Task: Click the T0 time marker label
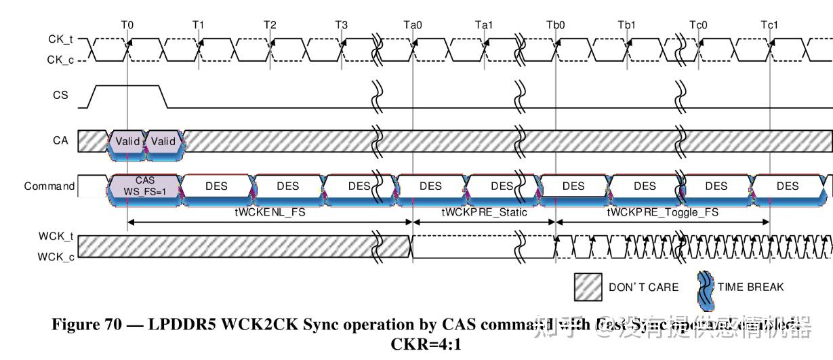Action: pos(127,25)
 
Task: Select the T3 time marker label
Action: pos(342,25)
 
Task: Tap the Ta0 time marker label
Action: pos(413,25)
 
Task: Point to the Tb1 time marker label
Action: pos(627,25)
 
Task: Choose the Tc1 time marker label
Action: pos(769,25)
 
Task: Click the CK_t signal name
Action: pos(60,39)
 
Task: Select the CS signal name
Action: pos(60,95)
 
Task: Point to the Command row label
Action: pos(49,186)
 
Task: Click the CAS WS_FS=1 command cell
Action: pos(145,186)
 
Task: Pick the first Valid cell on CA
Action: pos(127,142)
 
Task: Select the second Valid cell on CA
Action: pos(163,142)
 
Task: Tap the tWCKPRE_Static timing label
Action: pos(484,212)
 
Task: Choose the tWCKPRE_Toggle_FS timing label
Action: pos(662,212)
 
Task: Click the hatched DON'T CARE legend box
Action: pos(588,287)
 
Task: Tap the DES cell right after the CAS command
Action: pos(216,186)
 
